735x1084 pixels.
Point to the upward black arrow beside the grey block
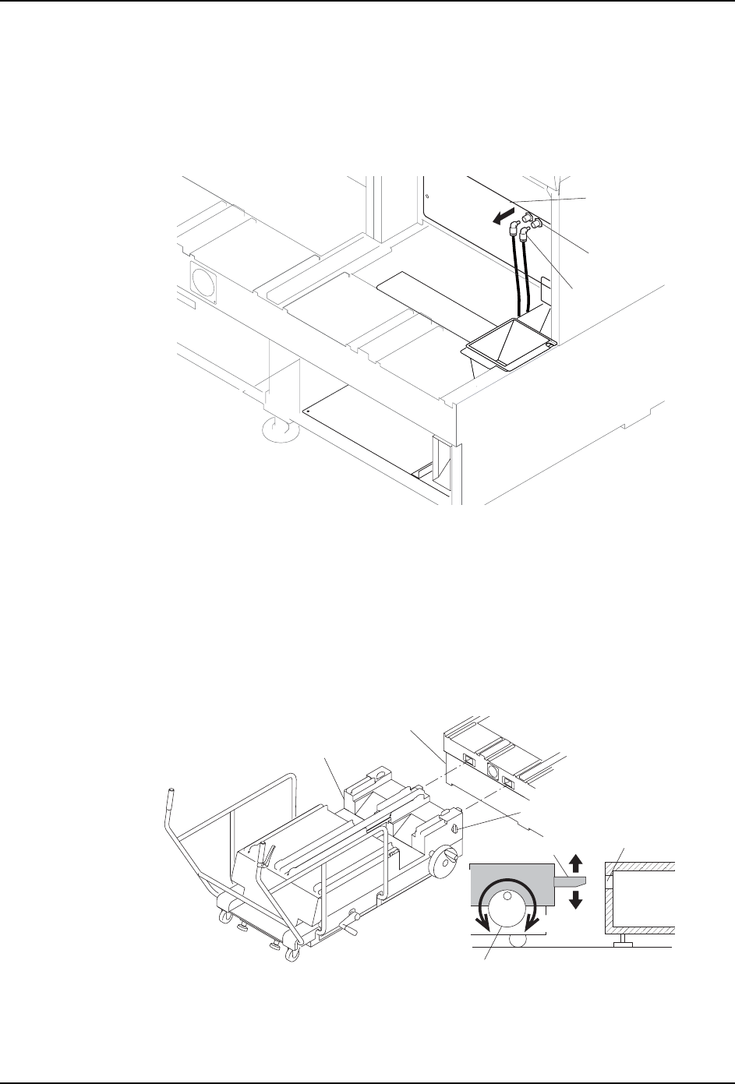click(575, 863)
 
